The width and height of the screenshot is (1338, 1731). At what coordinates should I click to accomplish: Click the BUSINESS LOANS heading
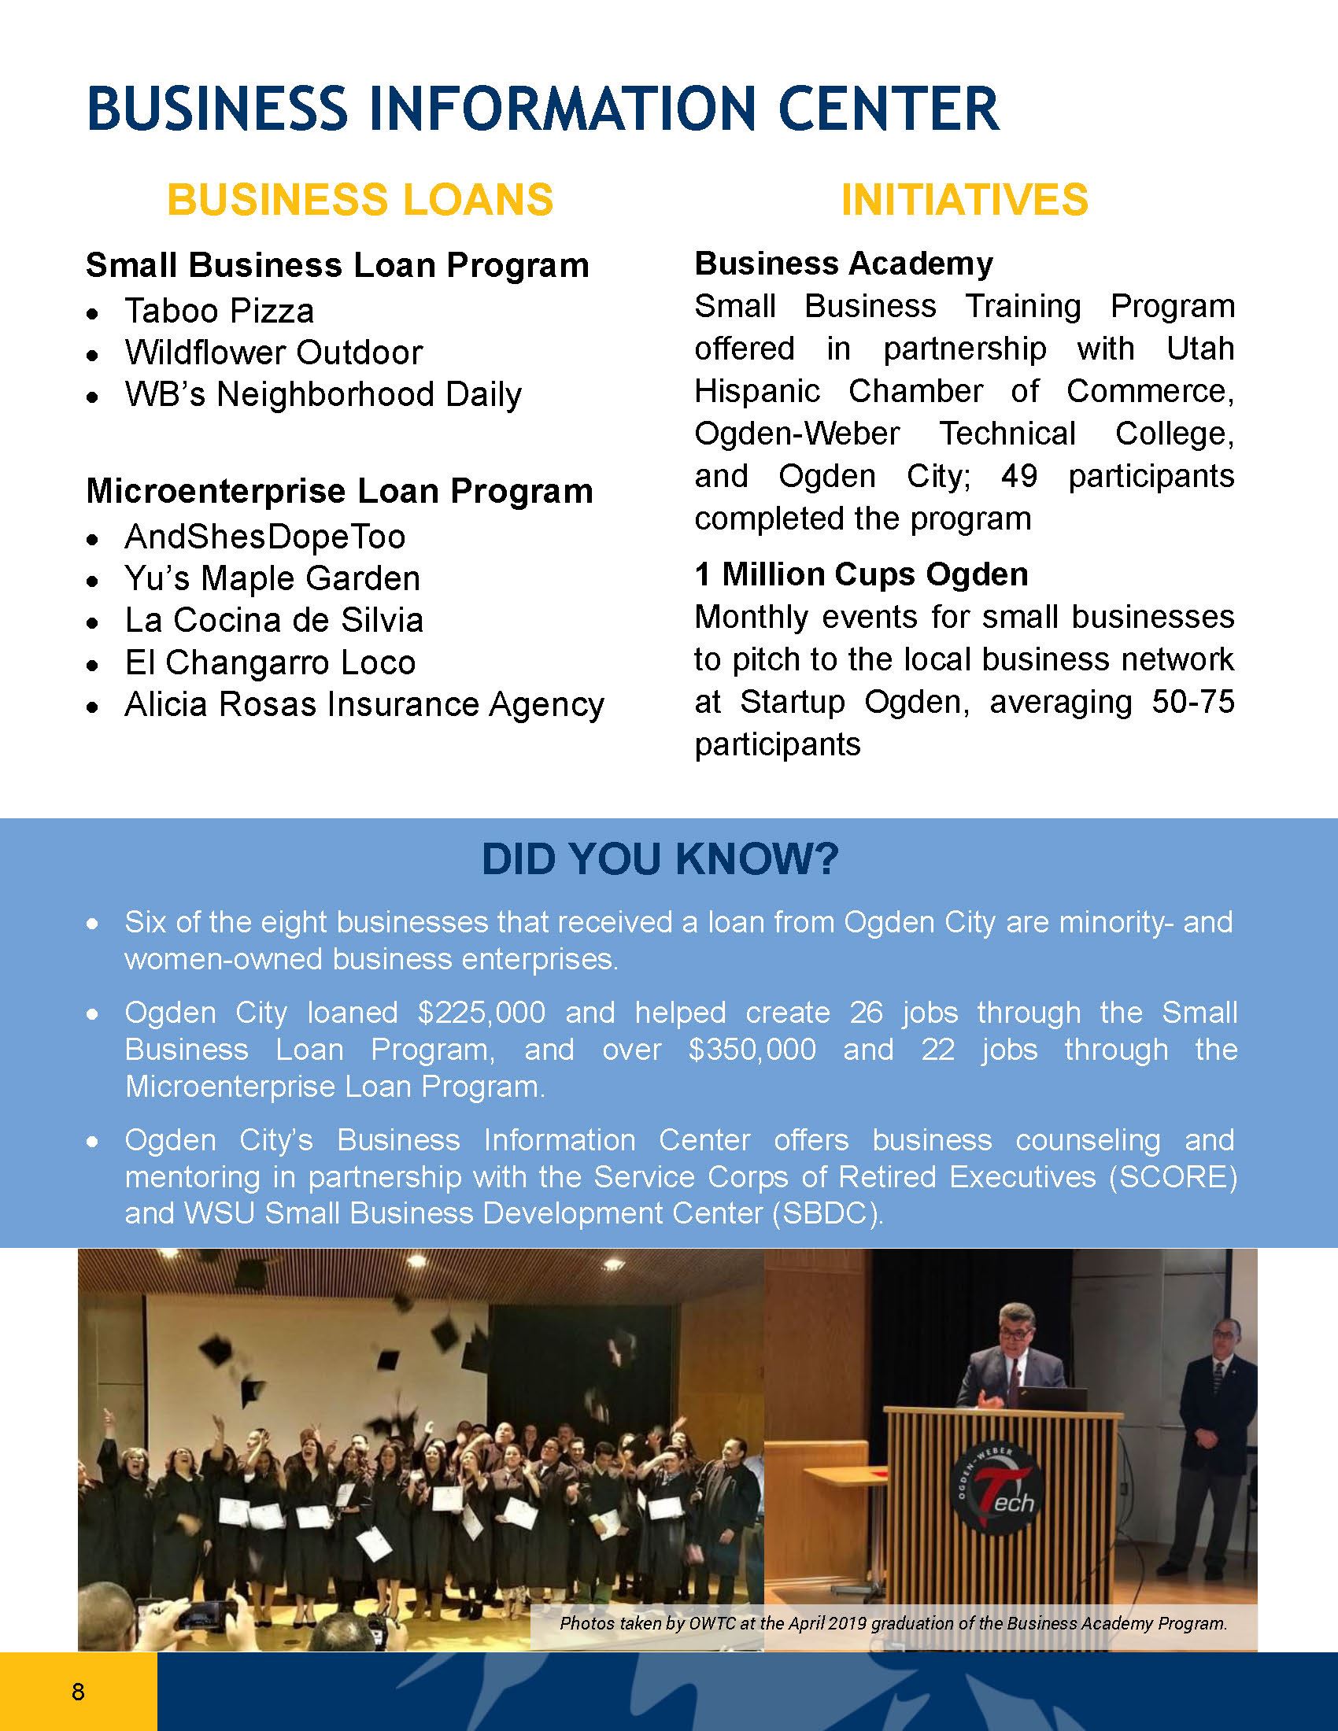pyautogui.click(x=360, y=199)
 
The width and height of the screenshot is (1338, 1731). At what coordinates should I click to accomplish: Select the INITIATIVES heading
pyautogui.click(x=964, y=199)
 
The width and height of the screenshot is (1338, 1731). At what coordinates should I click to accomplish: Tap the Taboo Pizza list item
pyautogui.click(x=219, y=310)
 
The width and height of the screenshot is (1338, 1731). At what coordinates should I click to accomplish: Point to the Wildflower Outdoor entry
pyautogui.click(x=273, y=352)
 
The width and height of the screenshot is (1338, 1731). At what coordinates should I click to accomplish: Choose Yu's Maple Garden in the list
pyautogui.click(x=272, y=578)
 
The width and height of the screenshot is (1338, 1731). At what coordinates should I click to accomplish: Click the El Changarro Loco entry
pyautogui.click(x=269, y=663)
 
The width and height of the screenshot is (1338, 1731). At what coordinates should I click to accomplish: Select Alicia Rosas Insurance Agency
pyautogui.click(x=364, y=705)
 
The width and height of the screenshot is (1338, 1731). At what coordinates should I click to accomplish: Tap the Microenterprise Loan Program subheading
pyautogui.click(x=339, y=492)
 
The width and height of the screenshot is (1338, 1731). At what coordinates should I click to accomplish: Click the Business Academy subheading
pyautogui.click(x=844, y=264)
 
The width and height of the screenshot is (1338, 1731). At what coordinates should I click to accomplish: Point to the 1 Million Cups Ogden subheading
pyautogui.click(x=862, y=574)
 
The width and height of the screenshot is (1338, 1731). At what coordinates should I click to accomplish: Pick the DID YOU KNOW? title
pyautogui.click(x=660, y=860)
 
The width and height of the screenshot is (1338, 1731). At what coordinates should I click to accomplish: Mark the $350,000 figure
pyautogui.click(x=752, y=1050)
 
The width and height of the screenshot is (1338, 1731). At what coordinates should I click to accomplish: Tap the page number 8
pyautogui.click(x=78, y=1691)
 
